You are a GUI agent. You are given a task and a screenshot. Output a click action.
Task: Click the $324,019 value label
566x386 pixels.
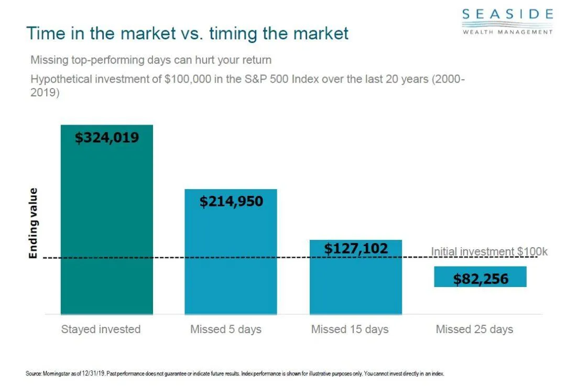pyautogui.click(x=107, y=138)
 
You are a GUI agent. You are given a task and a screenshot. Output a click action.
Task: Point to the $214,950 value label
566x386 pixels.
pyautogui.click(x=231, y=201)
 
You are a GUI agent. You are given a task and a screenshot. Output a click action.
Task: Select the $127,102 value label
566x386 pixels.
pyautogui.click(x=356, y=248)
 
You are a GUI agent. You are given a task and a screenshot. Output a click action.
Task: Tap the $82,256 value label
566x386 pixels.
pyautogui.click(x=481, y=279)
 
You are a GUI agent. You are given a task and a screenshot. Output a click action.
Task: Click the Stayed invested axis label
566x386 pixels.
pyautogui.click(x=101, y=329)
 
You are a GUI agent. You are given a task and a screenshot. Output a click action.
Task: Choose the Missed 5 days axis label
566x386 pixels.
pyautogui.click(x=225, y=329)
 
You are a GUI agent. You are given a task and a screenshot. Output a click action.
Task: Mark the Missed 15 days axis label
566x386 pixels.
pyautogui.click(x=350, y=329)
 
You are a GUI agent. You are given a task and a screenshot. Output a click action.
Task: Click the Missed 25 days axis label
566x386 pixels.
pyautogui.click(x=474, y=329)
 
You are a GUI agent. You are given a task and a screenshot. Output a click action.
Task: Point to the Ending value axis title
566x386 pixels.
pyautogui.click(x=33, y=223)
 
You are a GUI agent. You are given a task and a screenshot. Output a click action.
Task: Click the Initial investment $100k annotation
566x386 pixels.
pyautogui.click(x=489, y=252)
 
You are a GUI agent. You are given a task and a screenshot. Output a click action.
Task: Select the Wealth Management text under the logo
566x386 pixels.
pyautogui.click(x=507, y=31)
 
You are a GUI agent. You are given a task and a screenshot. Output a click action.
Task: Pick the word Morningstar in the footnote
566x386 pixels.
pyautogui.click(x=56, y=374)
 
